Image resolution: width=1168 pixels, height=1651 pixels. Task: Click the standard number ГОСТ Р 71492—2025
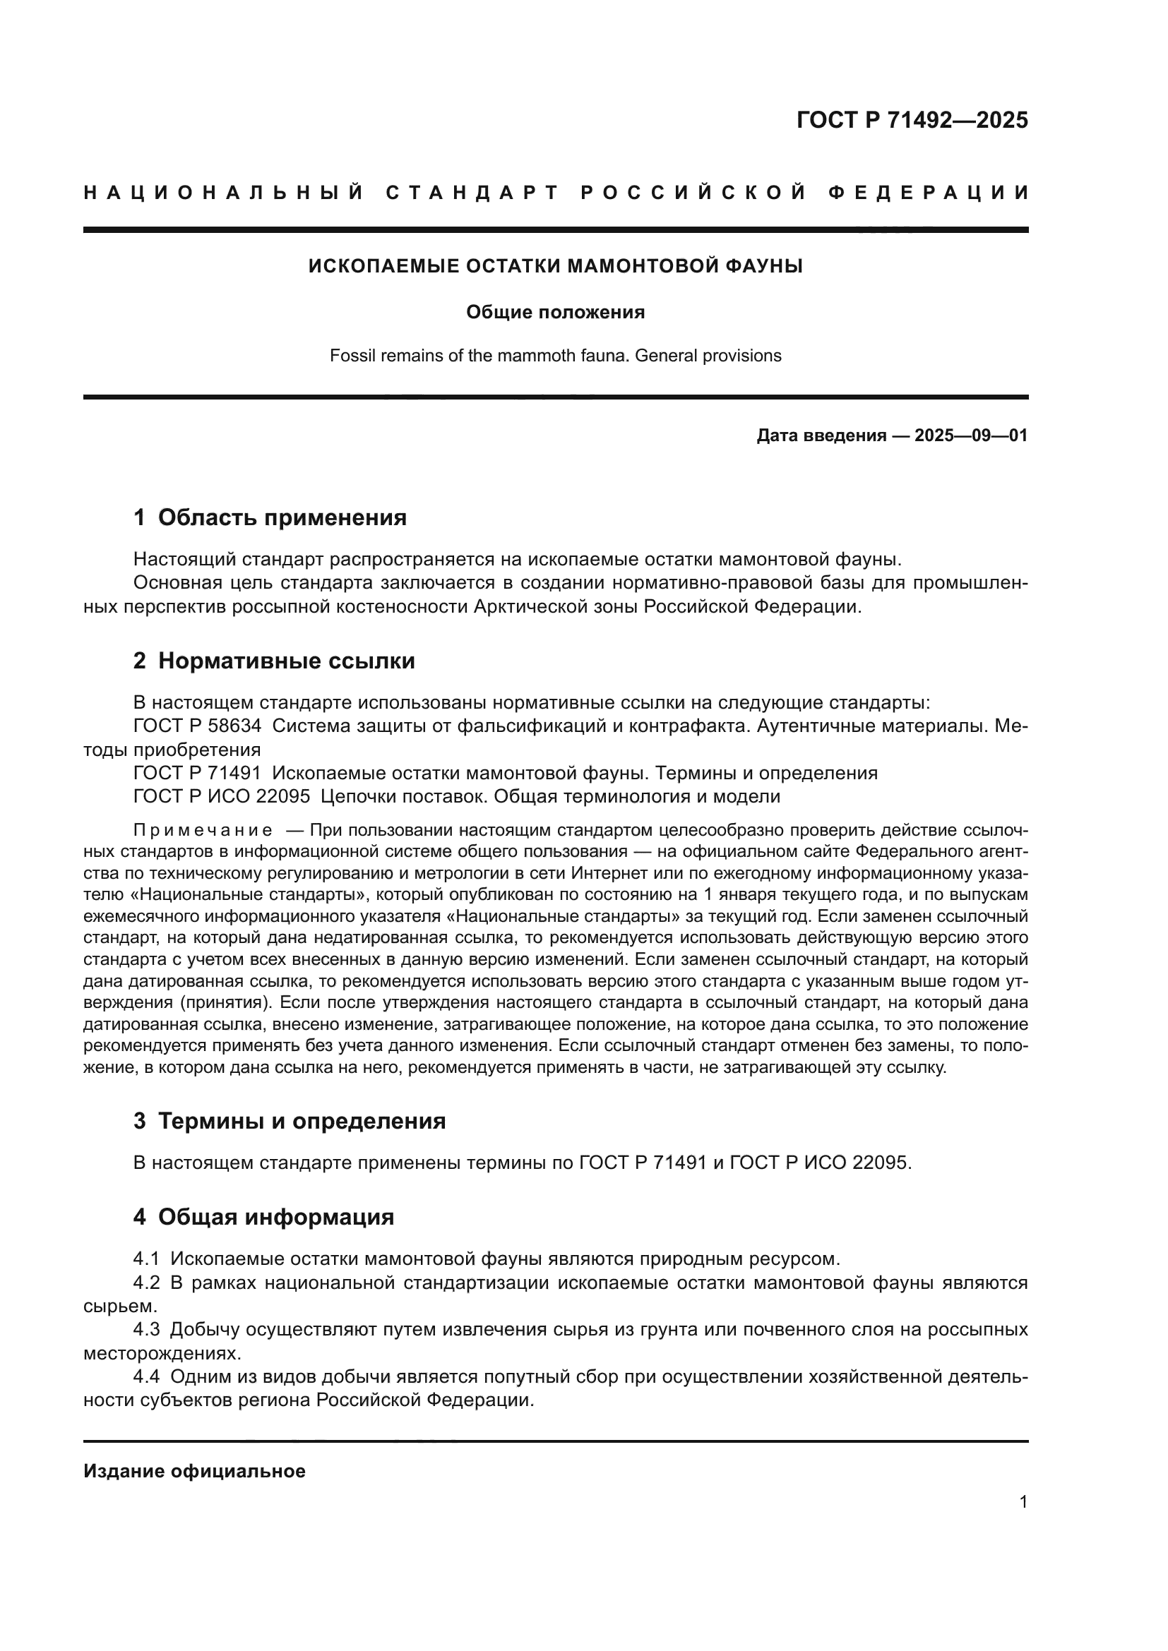click(x=911, y=120)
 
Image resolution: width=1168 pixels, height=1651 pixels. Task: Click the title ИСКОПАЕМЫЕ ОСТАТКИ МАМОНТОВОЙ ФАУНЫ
click(x=555, y=267)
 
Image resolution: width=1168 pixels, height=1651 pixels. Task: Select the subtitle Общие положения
click(x=555, y=312)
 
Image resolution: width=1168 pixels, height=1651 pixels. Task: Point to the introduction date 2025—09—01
click(x=970, y=436)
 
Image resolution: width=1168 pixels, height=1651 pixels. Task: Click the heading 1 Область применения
click(x=270, y=517)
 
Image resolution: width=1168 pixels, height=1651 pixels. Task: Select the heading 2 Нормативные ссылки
click(x=274, y=661)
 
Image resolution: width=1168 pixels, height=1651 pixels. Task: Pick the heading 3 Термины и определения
click(x=289, y=1121)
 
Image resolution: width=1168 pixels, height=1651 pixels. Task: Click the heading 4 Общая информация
click(x=263, y=1217)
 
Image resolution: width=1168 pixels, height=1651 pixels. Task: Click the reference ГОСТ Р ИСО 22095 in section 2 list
click(x=222, y=797)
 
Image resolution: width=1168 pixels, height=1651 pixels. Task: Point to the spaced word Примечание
click(x=203, y=831)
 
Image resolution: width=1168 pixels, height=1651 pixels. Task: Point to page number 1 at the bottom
click(x=1023, y=1502)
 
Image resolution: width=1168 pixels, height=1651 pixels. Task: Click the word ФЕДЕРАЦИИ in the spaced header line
click(x=928, y=193)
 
